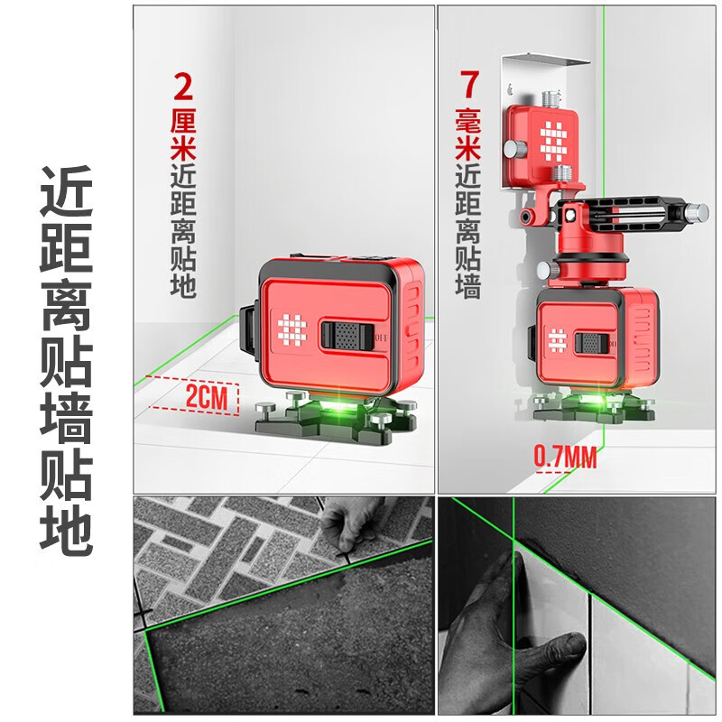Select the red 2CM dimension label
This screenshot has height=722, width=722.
[x=209, y=396]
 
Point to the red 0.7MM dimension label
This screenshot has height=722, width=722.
[x=565, y=458]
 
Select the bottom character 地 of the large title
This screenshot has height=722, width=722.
[x=66, y=533]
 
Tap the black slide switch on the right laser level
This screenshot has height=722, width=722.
[x=592, y=344]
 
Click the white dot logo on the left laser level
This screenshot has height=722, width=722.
[x=292, y=329]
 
